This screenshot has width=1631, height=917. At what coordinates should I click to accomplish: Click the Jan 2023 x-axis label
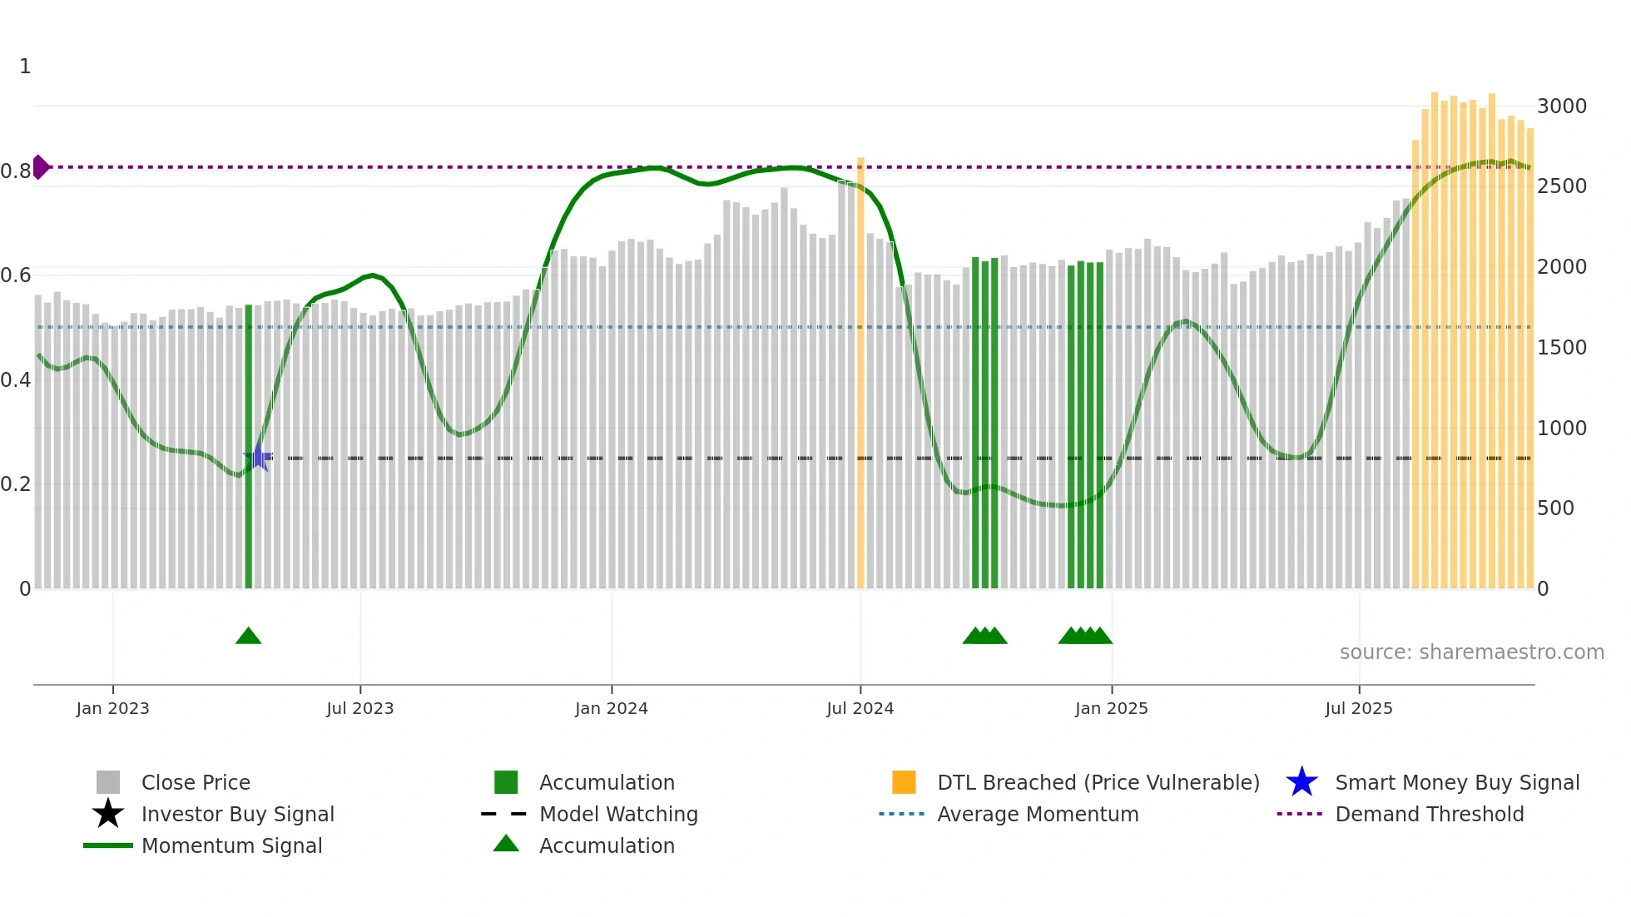(x=112, y=708)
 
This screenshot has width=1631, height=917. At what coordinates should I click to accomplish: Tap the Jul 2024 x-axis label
(x=860, y=708)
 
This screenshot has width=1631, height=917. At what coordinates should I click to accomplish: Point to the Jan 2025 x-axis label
(x=1111, y=708)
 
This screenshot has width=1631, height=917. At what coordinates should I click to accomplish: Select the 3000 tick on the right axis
(x=1561, y=107)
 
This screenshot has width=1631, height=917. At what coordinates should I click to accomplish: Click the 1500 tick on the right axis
(x=1561, y=348)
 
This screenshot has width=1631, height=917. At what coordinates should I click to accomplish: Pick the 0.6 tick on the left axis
(x=16, y=275)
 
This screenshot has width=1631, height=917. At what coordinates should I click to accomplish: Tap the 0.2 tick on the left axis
(x=16, y=484)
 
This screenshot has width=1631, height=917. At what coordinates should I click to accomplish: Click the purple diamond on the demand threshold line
(x=40, y=167)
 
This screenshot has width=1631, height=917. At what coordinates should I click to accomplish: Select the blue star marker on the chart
(x=258, y=458)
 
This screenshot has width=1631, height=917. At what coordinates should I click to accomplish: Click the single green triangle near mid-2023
(x=248, y=637)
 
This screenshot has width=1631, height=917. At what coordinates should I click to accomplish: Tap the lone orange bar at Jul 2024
(x=860, y=374)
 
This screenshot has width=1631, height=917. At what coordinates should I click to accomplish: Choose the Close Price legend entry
(x=195, y=782)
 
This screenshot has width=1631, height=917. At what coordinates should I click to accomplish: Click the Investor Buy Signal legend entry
(x=237, y=814)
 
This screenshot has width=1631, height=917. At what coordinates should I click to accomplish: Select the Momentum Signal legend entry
(x=231, y=845)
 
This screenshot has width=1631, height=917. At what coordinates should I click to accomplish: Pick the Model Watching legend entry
(x=618, y=814)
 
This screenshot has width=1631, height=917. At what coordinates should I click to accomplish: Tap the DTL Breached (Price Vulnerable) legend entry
(x=1098, y=782)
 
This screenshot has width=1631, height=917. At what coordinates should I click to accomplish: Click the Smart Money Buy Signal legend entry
(x=1456, y=782)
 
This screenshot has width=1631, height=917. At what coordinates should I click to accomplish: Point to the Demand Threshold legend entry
(x=1429, y=814)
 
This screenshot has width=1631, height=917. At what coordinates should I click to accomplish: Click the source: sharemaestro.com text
(x=1471, y=652)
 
